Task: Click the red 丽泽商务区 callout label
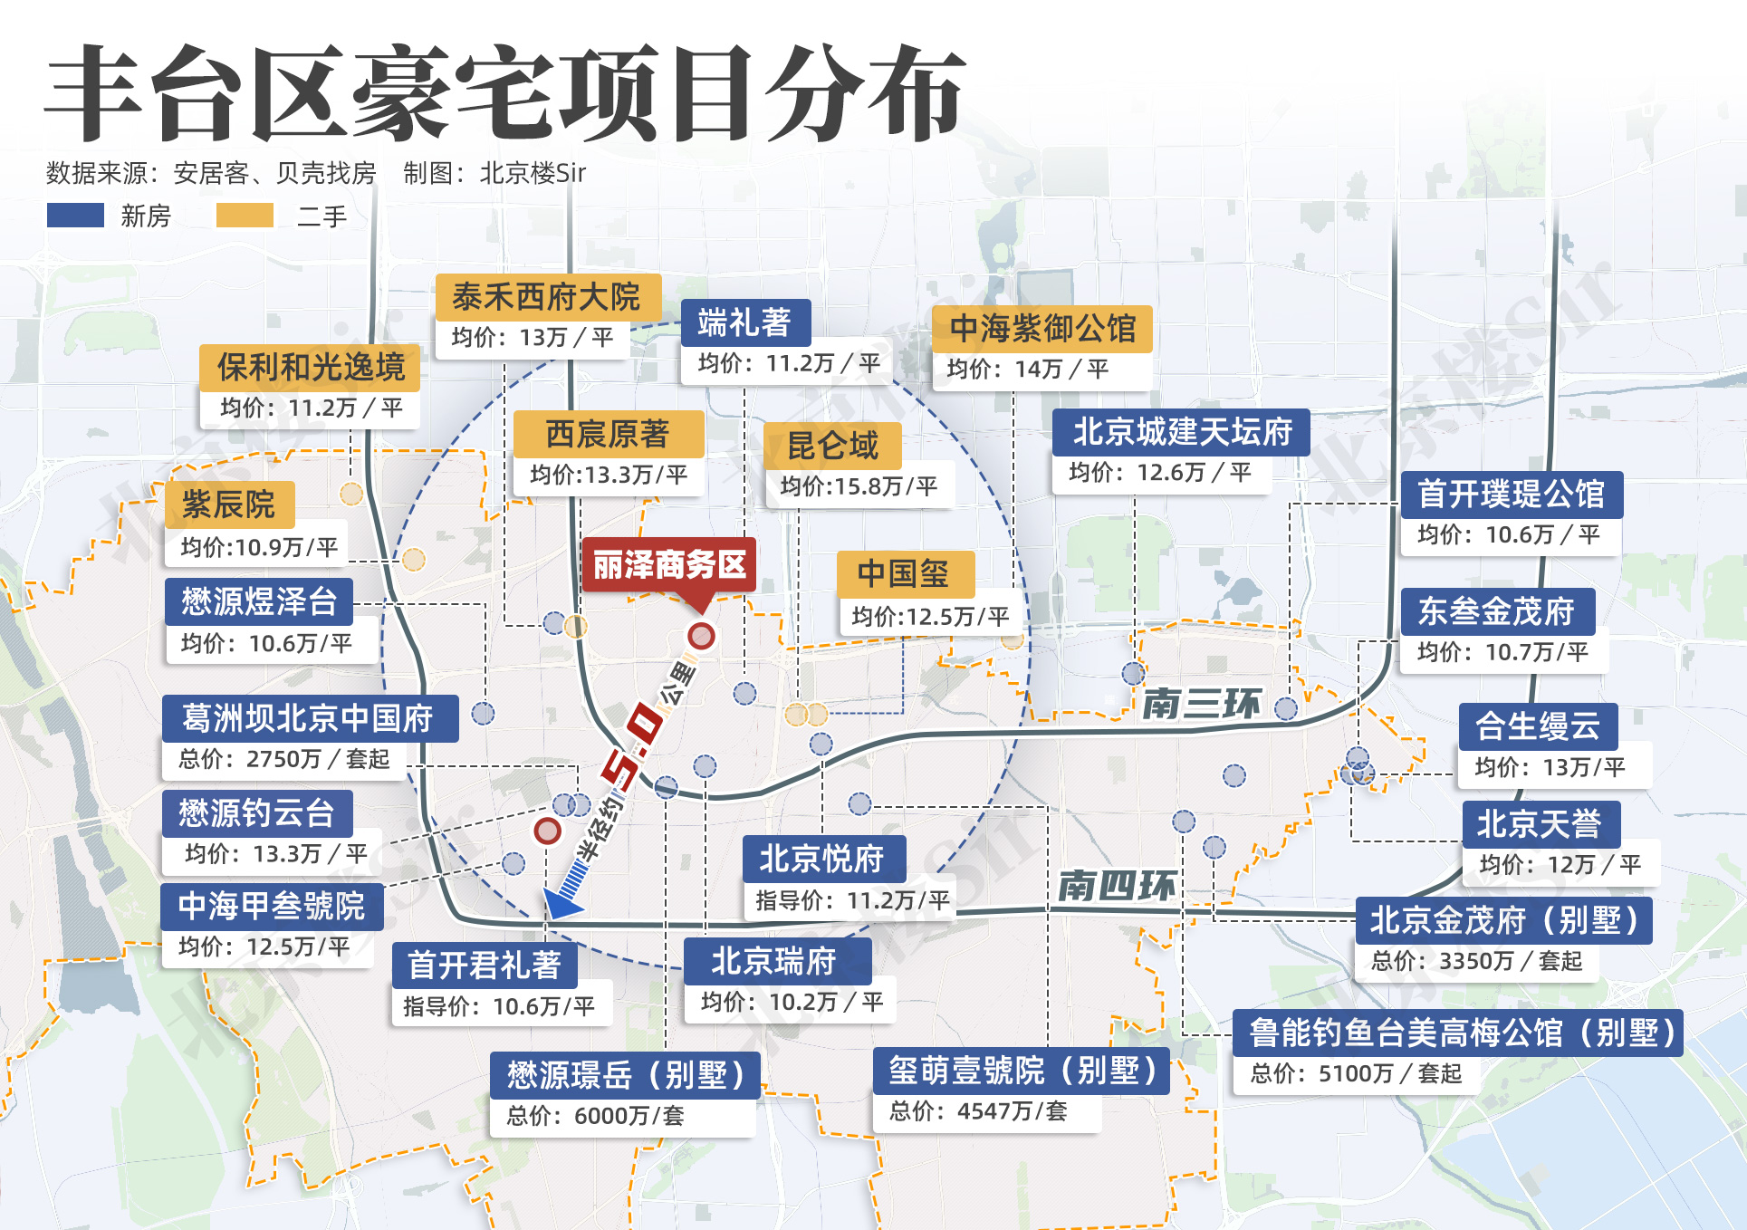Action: [x=668, y=565]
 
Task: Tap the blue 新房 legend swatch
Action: [x=75, y=216]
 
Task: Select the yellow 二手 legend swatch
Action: [x=245, y=216]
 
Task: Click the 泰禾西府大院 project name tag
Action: [x=547, y=297]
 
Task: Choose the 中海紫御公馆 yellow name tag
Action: [x=1041, y=328]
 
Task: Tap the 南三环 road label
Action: [x=1201, y=703]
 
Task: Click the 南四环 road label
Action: [x=1117, y=885]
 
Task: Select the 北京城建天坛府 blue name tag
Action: [x=1181, y=432]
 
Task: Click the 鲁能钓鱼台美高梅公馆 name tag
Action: [x=1457, y=1033]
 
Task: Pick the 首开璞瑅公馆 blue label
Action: [x=1511, y=495]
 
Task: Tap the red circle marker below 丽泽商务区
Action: [x=701, y=636]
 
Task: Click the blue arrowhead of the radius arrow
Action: [x=561, y=902]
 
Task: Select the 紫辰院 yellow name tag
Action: [x=229, y=504]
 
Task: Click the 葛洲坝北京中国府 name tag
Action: [x=309, y=718]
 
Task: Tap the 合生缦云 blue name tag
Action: [x=1537, y=726]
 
